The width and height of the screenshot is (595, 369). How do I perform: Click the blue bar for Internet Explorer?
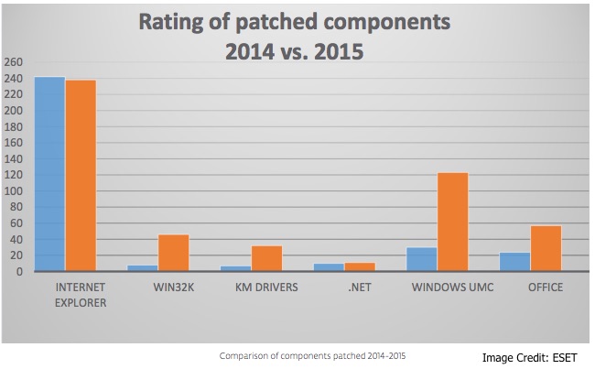coord(49,174)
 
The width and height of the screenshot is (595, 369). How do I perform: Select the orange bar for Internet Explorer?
coord(81,176)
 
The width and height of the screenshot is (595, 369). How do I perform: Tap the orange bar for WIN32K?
coord(173,253)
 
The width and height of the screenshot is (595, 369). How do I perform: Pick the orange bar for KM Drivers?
coord(266,258)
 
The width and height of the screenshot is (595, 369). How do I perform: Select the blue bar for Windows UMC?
coord(421,259)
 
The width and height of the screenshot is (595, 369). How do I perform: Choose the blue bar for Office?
coord(514,262)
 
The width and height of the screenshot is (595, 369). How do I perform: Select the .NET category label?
coord(343,288)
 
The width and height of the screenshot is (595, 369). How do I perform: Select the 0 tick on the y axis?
coord(19,272)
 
